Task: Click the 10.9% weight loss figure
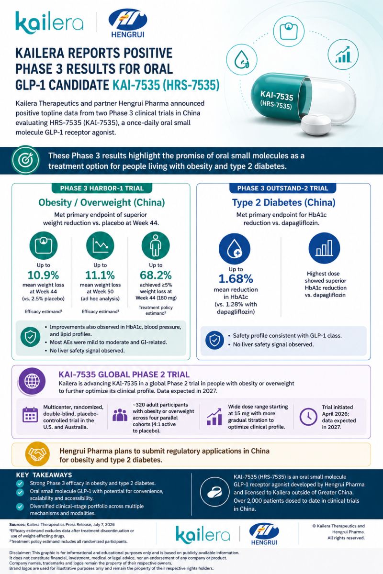point(44,275)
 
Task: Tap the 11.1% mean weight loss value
point(100,275)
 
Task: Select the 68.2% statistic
point(156,275)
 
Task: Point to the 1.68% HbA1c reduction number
point(236,279)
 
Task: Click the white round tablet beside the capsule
point(316,125)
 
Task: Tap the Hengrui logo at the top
point(128,23)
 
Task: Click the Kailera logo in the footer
point(203,535)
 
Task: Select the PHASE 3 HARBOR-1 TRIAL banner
point(102,188)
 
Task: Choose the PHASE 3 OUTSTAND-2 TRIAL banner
point(282,188)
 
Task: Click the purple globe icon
point(32,381)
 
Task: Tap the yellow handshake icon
point(37,454)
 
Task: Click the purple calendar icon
point(30,415)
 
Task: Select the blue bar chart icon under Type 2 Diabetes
point(324,248)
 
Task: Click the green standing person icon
point(156,245)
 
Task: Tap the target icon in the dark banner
point(26,160)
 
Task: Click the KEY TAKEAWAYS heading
point(44,475)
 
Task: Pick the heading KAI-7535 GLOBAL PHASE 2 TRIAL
point(124,375)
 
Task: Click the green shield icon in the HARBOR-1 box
point(30,337)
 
